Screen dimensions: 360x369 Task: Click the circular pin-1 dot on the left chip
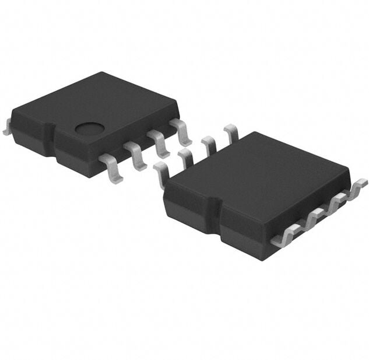(90, 128)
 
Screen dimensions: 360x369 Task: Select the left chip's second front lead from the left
(136, 155)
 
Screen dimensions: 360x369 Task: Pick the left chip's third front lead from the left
(160, 144)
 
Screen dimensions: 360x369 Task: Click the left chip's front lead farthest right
(182, 132)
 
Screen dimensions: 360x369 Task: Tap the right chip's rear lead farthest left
(161, 174)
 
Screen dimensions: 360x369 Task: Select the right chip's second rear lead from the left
(186, 158)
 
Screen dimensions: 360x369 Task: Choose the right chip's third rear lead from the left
(209, 145)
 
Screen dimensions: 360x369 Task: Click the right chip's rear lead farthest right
(231, 133)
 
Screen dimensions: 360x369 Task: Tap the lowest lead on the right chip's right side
(286, 236)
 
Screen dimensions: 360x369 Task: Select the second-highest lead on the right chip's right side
(336, 204)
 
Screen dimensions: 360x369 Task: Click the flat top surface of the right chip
(256, 175)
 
